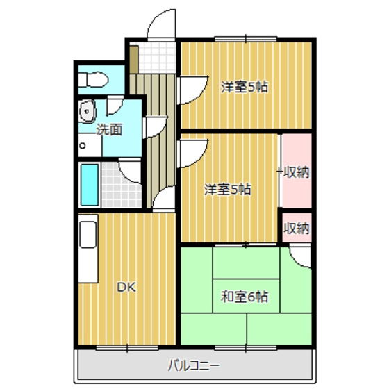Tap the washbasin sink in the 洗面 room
88,110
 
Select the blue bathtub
89,183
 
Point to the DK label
125,286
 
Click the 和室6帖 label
245,297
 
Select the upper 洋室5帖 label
245,87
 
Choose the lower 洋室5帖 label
227,188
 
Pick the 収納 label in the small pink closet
296,229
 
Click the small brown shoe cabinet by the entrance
132,57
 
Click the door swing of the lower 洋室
192,151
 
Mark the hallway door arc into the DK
164,200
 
